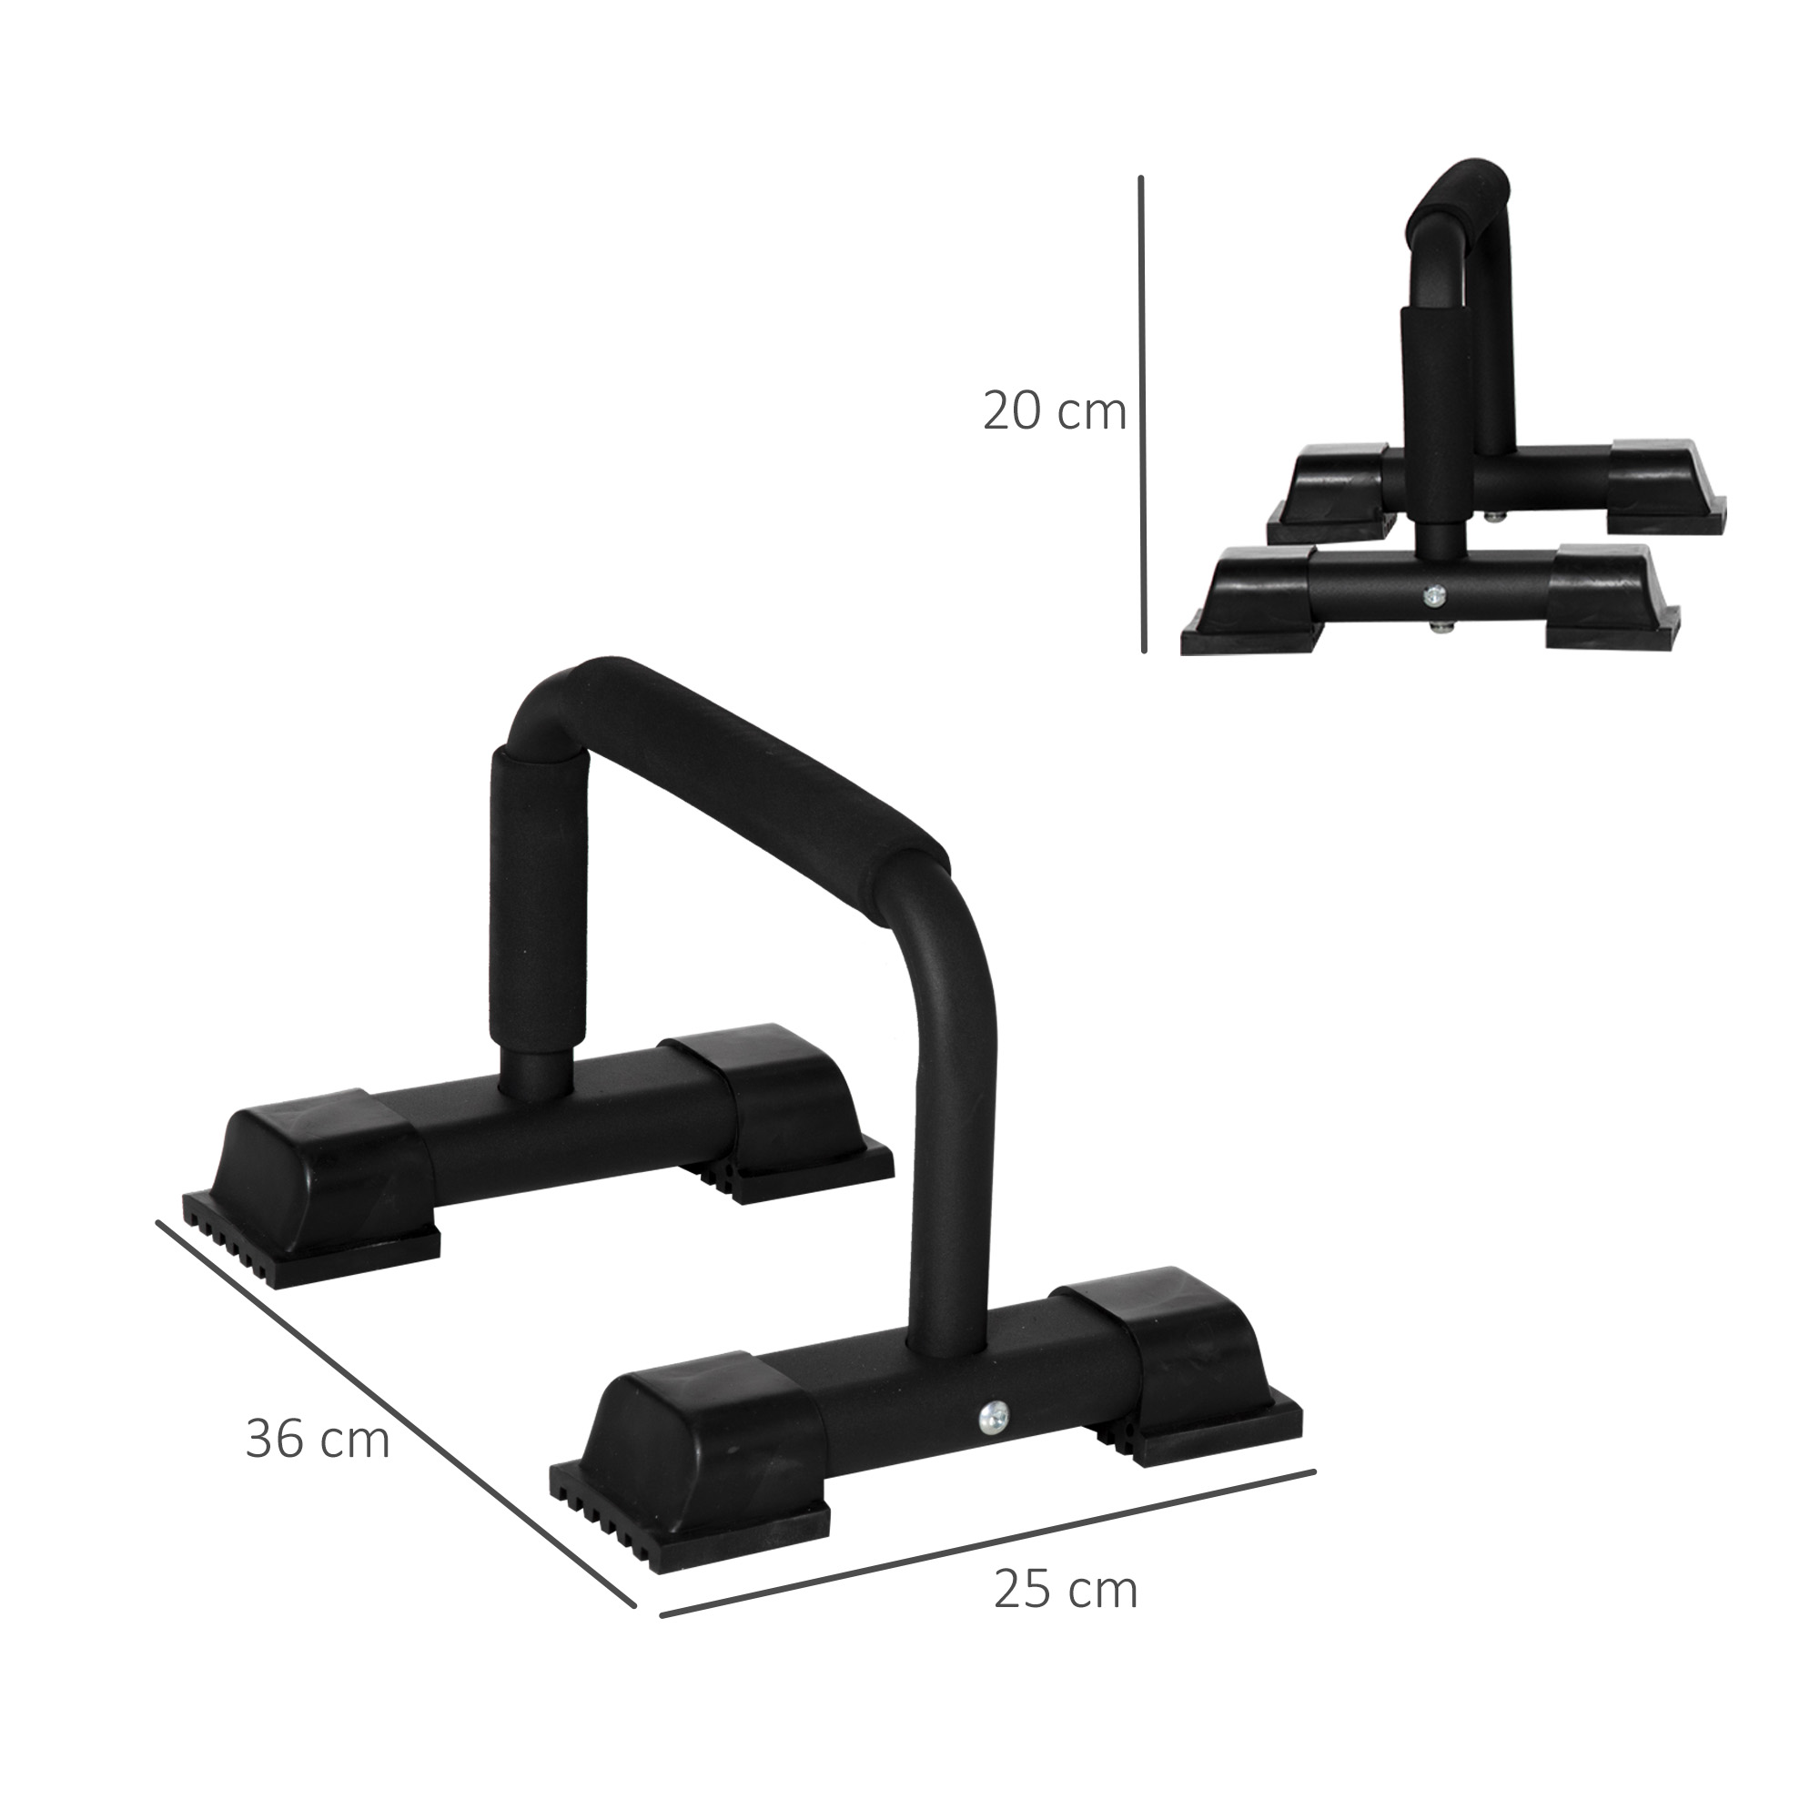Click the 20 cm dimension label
click(1054, 411)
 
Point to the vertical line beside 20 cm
click(1142, 414)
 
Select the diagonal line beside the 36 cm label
click(396, 1413)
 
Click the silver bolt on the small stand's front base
click(1434, 594)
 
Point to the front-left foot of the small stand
click(1253, 603)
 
